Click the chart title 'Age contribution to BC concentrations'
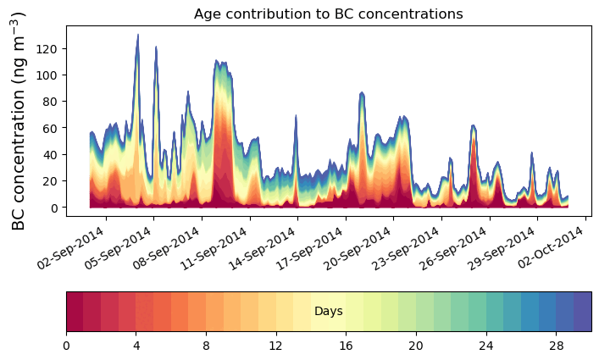point(328,14)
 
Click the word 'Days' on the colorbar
point(328,312)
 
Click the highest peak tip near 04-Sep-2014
point(138,35)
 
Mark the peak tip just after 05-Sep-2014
point(156,47)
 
